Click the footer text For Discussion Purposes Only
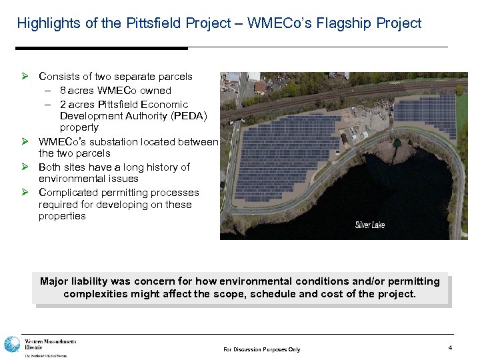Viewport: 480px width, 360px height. point(262,349)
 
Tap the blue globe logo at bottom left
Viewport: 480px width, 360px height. point(12,345)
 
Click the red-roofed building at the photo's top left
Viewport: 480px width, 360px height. point(259,87)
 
